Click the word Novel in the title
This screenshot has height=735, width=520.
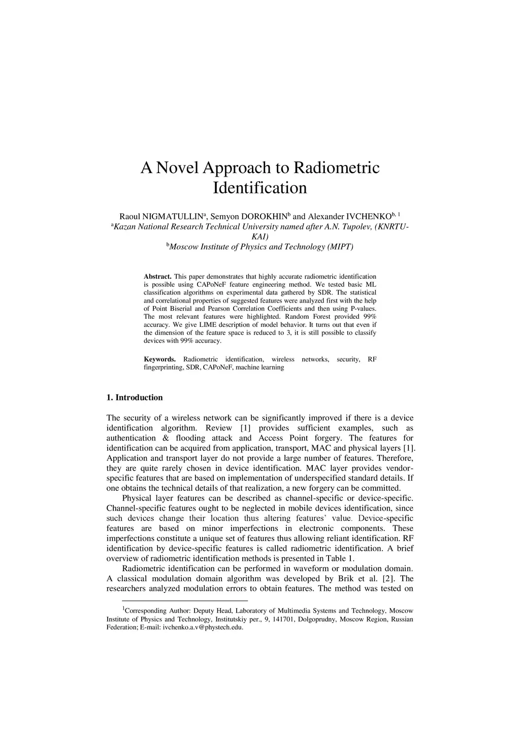[177, 168]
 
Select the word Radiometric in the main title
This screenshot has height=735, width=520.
[337, 168]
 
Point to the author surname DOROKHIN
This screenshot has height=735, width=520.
[261, 217]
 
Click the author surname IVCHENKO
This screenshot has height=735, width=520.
[368, 217]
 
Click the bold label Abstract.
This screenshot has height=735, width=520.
[158, 277]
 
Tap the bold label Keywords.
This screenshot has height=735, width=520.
[160, 359]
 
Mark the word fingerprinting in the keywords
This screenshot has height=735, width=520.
[164, 367]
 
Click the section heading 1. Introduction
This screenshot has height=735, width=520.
[135, 397]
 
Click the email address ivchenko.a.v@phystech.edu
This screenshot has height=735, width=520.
[203, 627]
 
